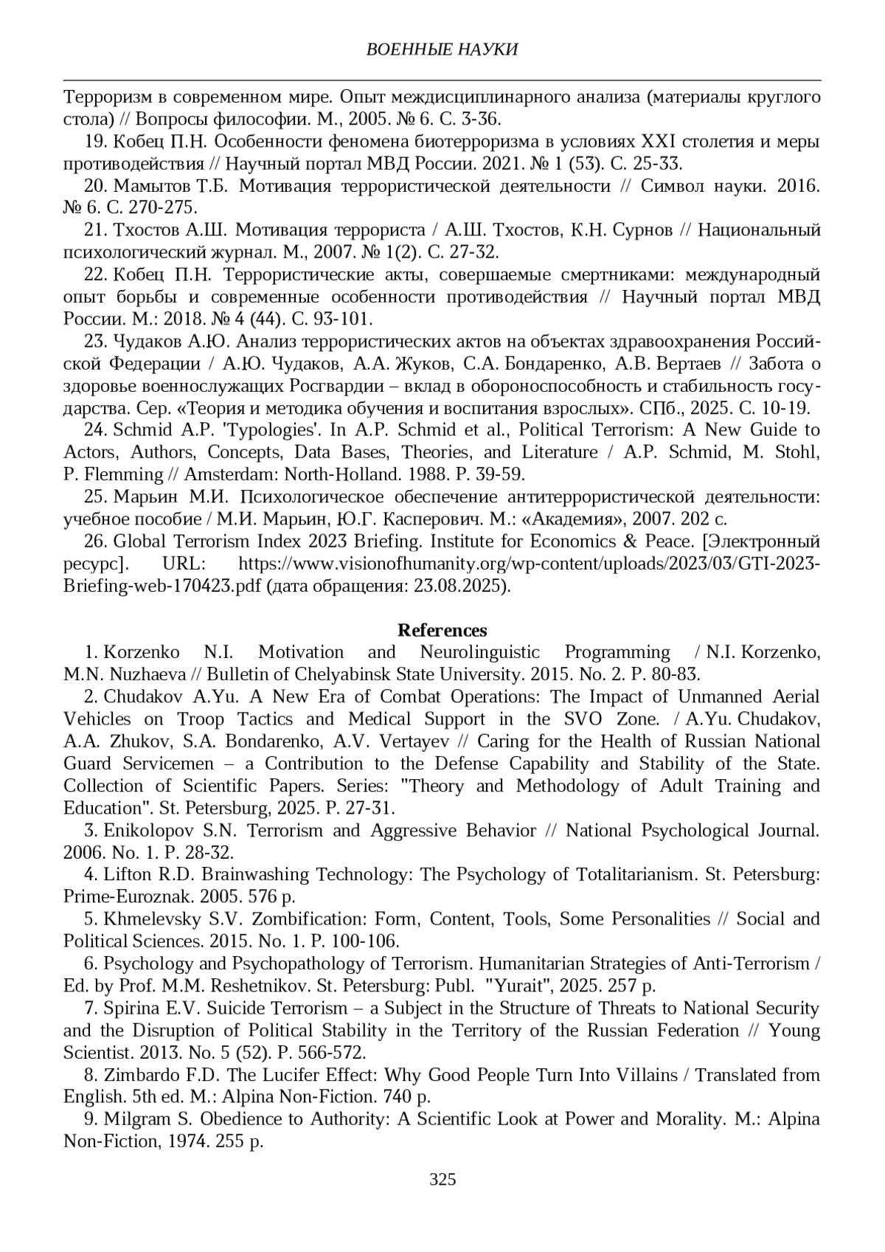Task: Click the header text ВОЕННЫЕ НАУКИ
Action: pos(442,49)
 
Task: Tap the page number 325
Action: pos(442,1179)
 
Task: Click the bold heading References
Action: pos(442,630)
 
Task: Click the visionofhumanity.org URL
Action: pos(530,564)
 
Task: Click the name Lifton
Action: pos(127,875)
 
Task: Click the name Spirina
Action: pos(129,1009)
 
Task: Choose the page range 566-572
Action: pos(333,1053)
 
